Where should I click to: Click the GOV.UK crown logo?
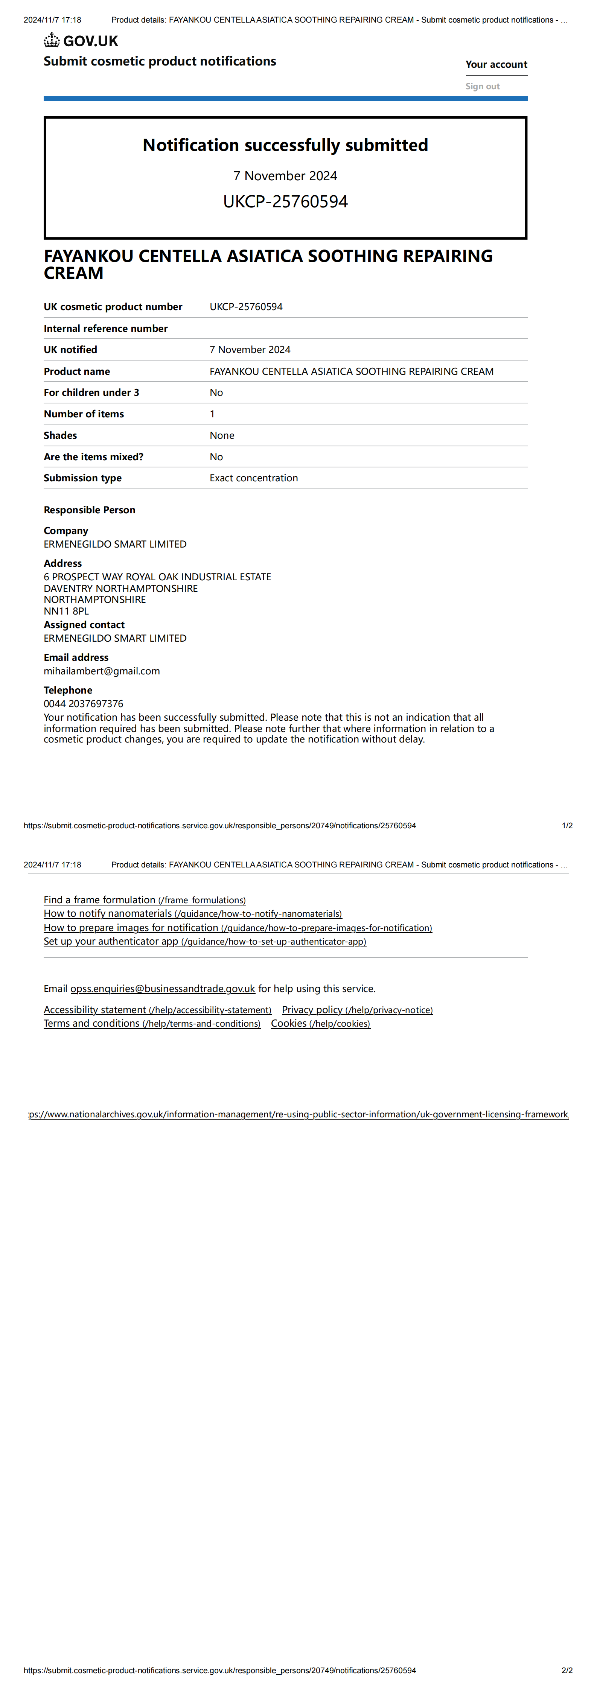pos(52,41)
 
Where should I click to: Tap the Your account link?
pos(496,64)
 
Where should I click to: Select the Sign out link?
pos(482,86)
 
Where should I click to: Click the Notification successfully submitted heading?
pos(285,145)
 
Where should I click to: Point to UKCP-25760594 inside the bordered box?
pos(285,201)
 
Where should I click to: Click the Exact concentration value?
pos(253,478)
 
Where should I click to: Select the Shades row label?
pos(60,435)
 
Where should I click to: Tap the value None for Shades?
pos(222,435)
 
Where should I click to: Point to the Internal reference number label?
pos(106,329)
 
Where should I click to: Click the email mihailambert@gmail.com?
pos(102,671)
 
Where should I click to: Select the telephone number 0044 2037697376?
pos(83,703)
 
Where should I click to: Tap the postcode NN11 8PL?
pos(66,611)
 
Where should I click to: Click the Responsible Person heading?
pos(89,510)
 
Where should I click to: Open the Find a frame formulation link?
pos(144,900)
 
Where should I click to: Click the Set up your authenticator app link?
pos(205,942)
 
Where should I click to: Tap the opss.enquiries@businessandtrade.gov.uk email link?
pos(163,989)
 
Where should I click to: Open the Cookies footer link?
pos(320,1024)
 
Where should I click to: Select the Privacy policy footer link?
pos(357,1010)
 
